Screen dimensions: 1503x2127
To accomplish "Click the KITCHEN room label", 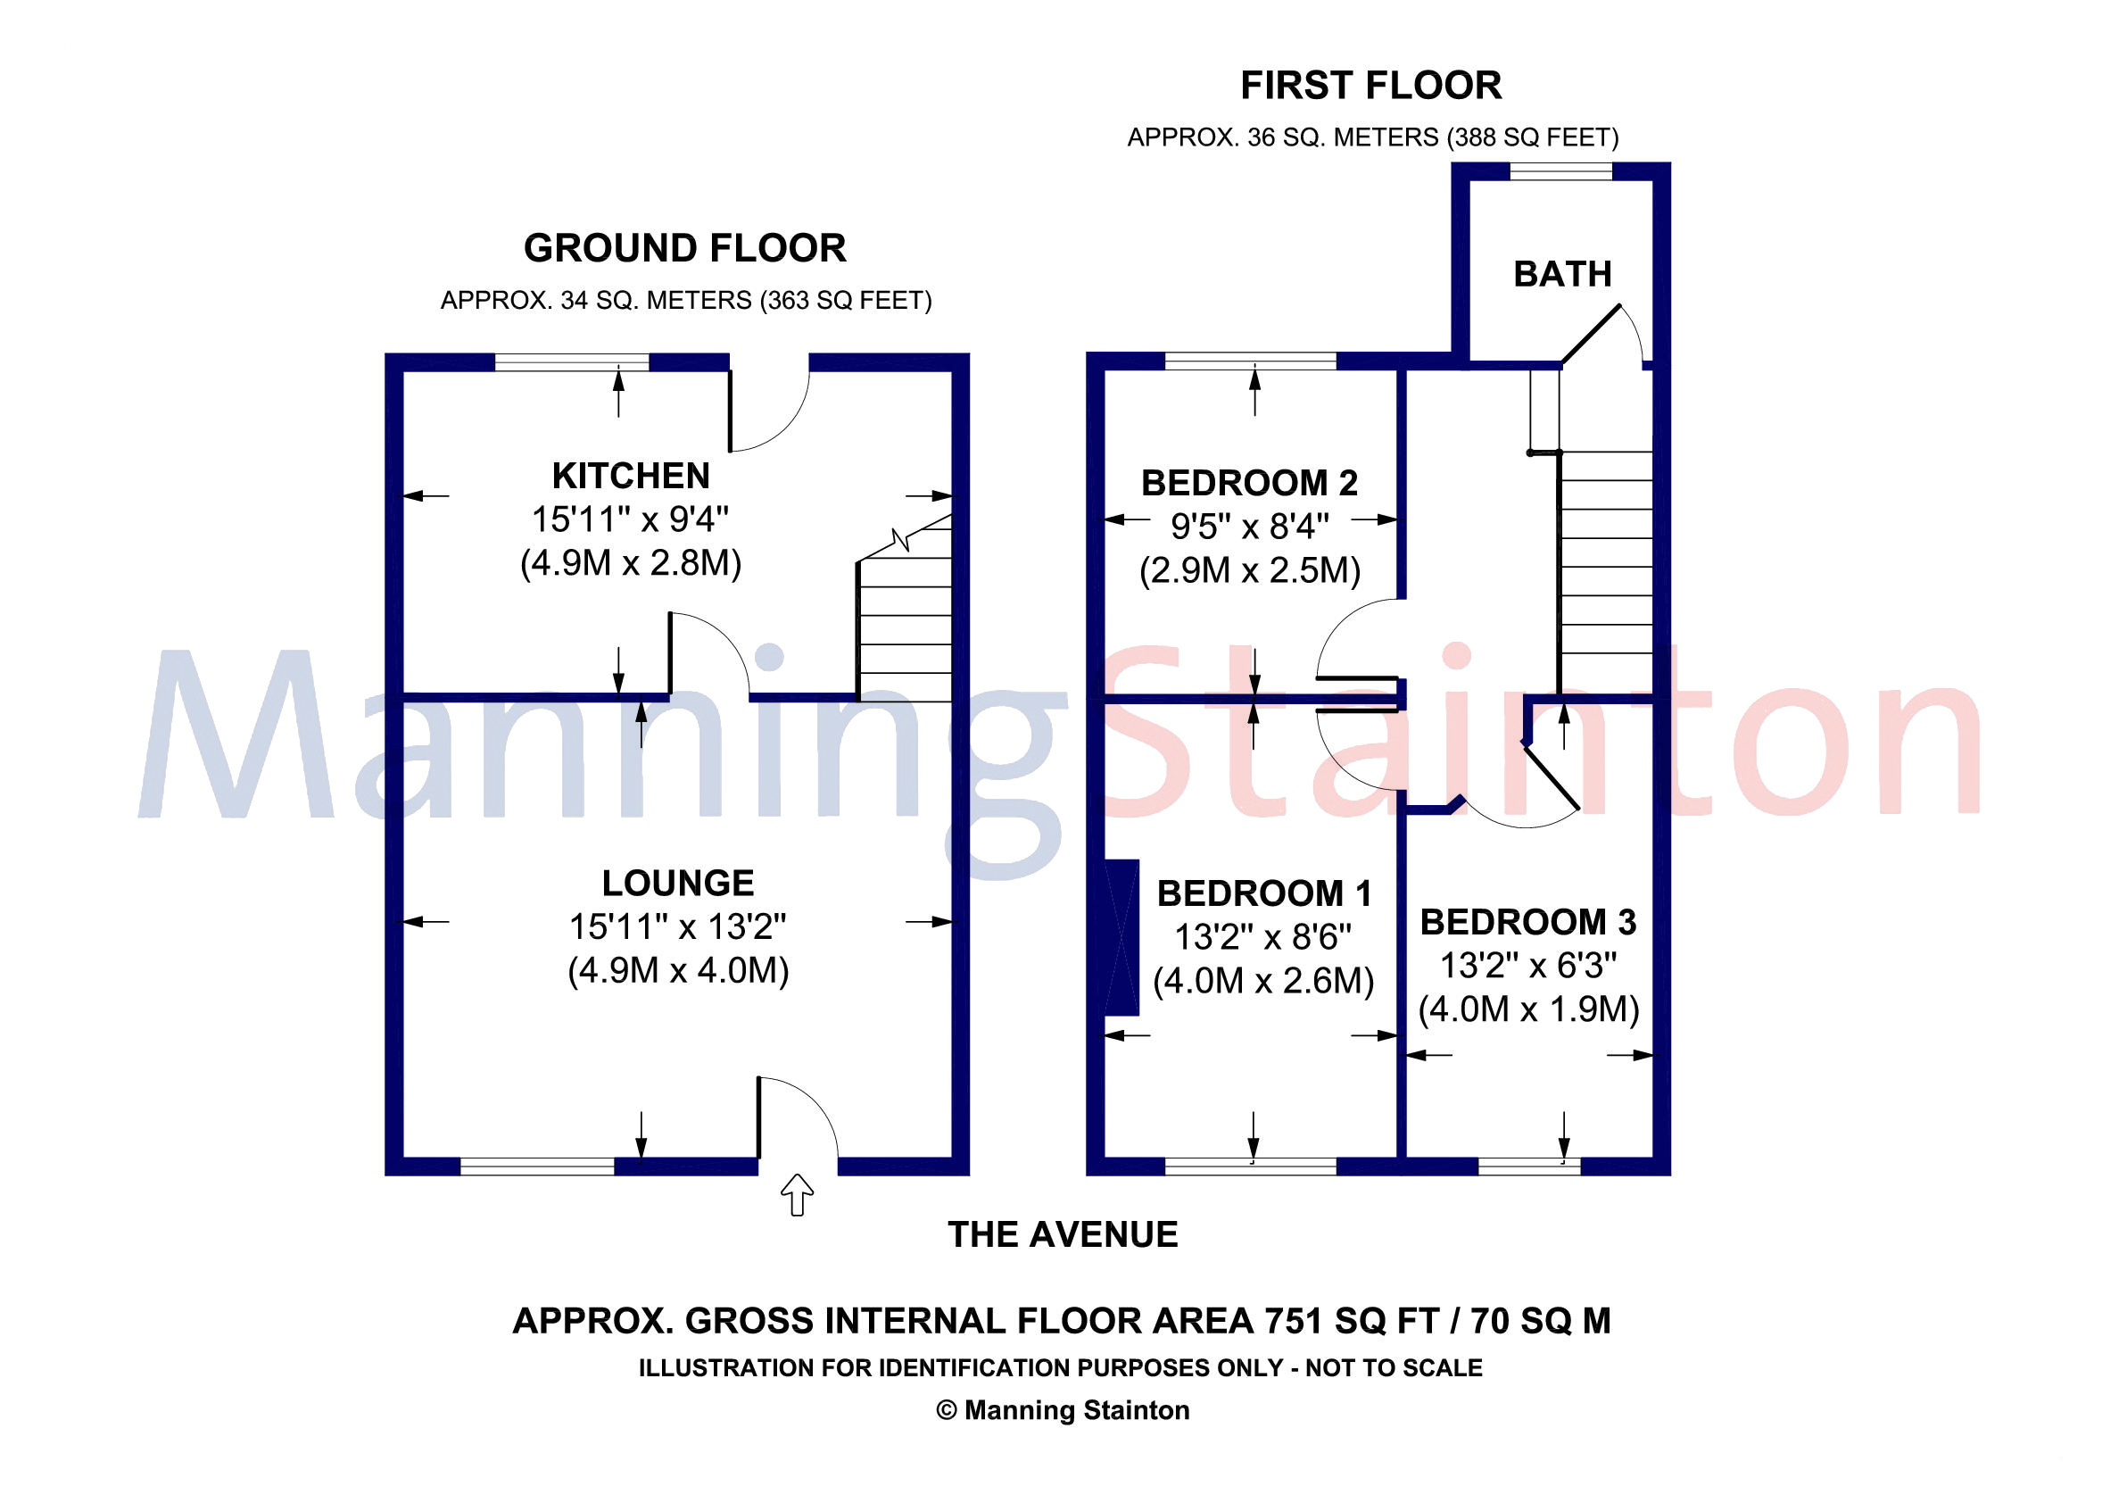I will (x=631, y=477).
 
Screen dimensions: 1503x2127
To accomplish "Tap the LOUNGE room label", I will (x=678, y=883).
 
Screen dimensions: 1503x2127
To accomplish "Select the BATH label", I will (x=1562, y=274).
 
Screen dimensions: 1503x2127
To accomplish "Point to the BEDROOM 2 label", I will (x=1249, y=483).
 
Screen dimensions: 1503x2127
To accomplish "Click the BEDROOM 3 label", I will (x=1527, y=922).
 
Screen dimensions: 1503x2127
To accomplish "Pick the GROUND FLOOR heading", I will (x=684, y=248).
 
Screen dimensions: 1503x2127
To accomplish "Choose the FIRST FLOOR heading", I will (x=1370, y=86).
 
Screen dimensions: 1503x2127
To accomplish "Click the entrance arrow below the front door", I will (x=797, y=1194).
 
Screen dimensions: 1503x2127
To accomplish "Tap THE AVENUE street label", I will (x=1063, y=1235).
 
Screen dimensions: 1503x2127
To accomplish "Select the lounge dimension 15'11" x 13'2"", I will (x=677, y=926).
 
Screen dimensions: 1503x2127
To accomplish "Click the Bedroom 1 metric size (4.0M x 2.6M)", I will (x=1262, y=980).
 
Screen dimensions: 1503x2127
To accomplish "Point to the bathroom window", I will (x=1561, y=171).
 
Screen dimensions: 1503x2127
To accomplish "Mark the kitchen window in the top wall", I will (x=572, y=361).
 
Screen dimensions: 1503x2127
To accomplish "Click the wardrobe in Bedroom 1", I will (x=1121, y=938).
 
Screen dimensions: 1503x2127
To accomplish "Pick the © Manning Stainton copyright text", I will (x=1063, y=1410).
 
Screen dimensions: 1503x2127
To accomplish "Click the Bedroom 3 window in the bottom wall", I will (x=1528, y=1166).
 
